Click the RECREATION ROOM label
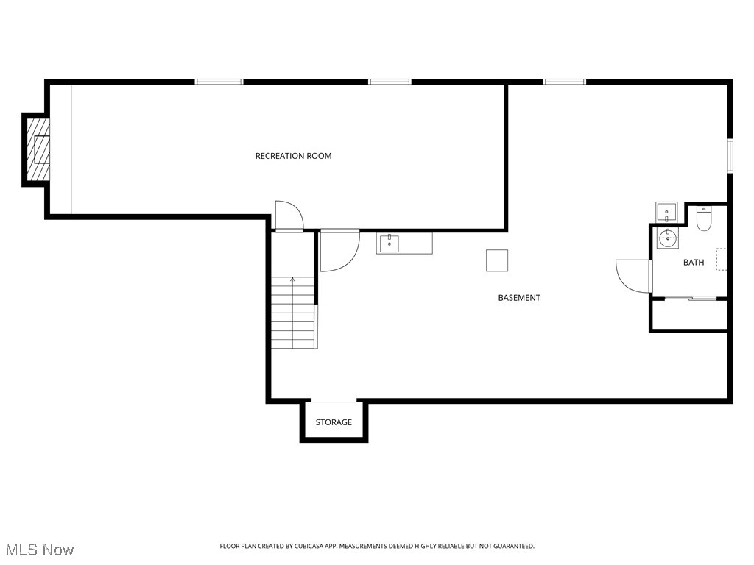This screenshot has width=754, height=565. pos(293,156)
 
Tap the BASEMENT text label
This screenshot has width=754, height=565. pos(519,298)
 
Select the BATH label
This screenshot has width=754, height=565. pos(694,263)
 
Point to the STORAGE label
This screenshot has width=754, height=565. pos(334,422)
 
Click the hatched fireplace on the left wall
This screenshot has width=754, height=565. pos(37,149)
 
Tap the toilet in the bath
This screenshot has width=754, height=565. pos(704,219)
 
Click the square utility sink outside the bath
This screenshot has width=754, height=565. pos(667,212)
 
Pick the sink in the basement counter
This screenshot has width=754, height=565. pos(389,243)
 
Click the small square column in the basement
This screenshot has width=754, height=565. pos(497,260)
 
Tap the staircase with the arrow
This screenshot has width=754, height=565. pos(294,312)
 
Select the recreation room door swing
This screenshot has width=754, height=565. pos(289,216)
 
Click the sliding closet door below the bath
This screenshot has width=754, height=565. pos(689,298)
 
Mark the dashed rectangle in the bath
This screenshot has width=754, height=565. pos(722,259)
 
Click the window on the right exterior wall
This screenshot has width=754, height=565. pos(730,155)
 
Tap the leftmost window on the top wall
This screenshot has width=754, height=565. pos(219,82)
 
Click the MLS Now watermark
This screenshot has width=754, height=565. pos(40,550)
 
